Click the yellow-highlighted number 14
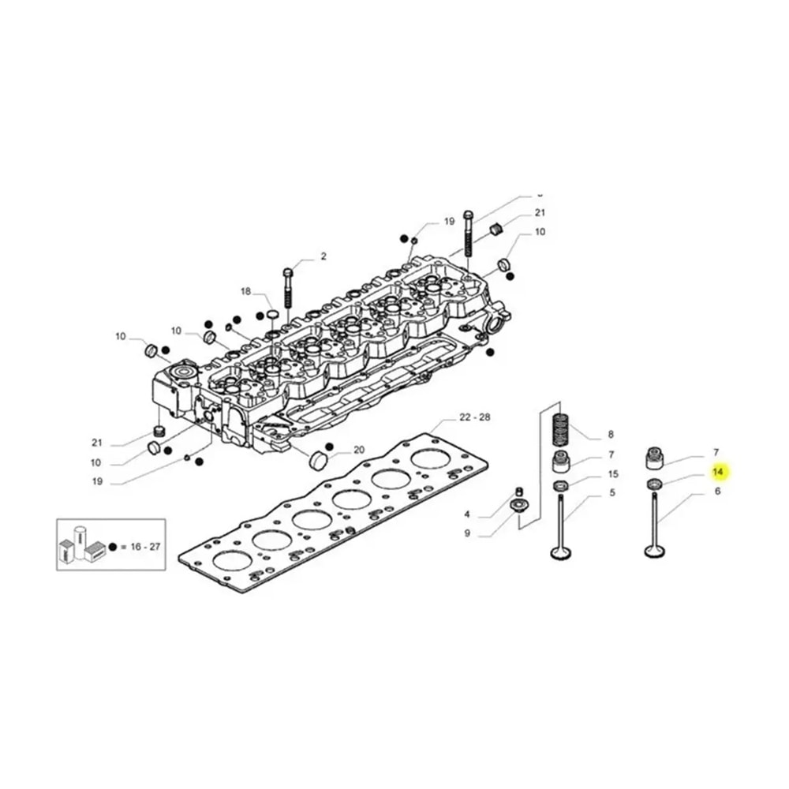(717, 472)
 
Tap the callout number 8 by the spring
(610, 435)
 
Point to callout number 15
(612, 475)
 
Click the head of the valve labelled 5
(561, 552)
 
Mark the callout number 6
(717, 491)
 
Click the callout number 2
(323, 256)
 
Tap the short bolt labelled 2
(288, 289)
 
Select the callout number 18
(245, 292)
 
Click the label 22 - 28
(475, 417)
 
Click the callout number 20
(359, 450)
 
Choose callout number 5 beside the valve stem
(611, 495)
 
